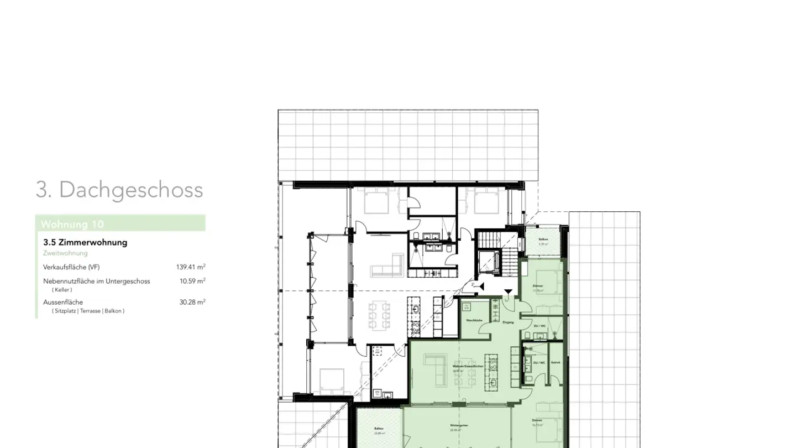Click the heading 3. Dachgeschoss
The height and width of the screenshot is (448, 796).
(119, 190)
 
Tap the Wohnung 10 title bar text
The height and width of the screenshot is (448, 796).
(72, 224)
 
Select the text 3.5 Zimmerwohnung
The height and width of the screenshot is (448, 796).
(85, 242)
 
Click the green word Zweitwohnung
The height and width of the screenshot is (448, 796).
(65, 253)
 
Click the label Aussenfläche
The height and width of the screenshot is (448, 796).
(63, 302)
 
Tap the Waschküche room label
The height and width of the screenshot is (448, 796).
(474, 321)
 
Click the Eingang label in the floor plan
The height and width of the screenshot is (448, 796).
(508, 322)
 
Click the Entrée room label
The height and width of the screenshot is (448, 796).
(555, 362)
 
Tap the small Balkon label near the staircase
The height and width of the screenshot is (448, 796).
(543, 239)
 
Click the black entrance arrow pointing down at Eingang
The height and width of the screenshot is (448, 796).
(508, 292)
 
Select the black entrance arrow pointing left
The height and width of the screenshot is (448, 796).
(481, 286)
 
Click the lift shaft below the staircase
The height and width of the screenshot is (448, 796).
(489, 261)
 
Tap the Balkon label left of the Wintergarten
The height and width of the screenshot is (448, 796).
(379, 429)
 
